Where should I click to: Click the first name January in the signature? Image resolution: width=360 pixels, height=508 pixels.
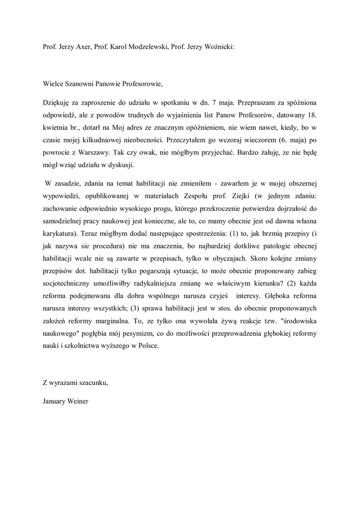(55, 401)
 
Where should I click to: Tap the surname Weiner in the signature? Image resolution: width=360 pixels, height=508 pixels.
(78, 401)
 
